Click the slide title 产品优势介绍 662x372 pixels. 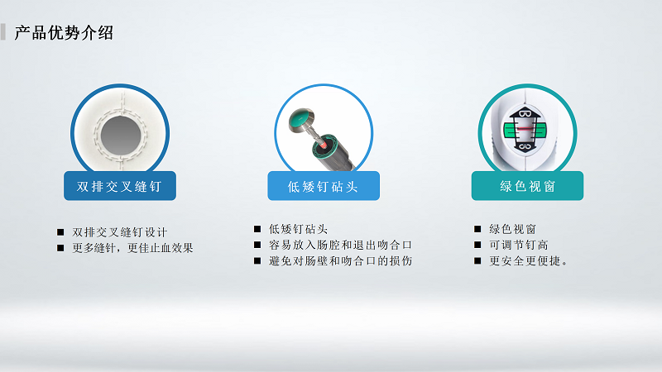(x=64, y=33)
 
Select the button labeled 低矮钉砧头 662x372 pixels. (x=323, y=186)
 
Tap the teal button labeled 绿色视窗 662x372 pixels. (x=527, y=186)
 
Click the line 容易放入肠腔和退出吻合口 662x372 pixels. (x=340, y=245)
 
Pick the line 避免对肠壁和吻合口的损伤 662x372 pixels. (x=340, y=261)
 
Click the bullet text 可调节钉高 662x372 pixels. (x=518, y=245)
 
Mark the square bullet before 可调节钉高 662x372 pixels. (x=477, y=245)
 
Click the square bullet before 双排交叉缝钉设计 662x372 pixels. (x=60, y=232)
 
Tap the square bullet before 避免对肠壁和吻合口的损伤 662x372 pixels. (x=257, y=261)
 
